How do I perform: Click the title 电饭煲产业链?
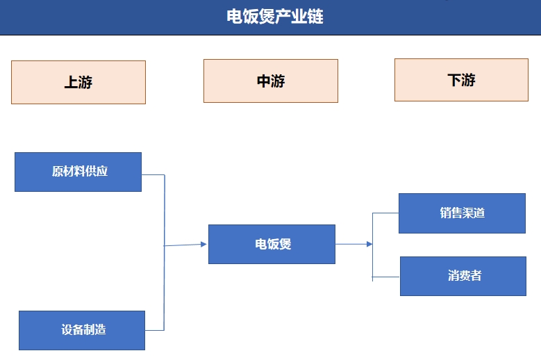coord(274,16)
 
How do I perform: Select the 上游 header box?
coord(78,82)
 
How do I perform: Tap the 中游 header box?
coord(270,81)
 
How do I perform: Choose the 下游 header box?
coord(461,79)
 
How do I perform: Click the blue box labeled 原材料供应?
coord(78,172)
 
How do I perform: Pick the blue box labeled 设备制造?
coord(82,330)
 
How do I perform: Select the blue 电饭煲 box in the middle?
coord(272,244)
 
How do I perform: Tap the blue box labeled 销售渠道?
coord(462,213)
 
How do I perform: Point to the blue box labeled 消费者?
coord(463,276)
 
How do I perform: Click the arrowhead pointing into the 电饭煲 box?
coord(203,244)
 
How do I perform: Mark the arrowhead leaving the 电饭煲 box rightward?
coord(369,244)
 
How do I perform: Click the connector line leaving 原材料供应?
coord(153,174)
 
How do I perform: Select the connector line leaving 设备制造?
coord(154,330)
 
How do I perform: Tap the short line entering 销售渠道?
coord(385,213)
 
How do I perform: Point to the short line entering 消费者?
coord(386,277)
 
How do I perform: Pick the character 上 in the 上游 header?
coord(71,82)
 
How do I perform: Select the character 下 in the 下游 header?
coord(454,79)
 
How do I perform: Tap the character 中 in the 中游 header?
coord(263,81)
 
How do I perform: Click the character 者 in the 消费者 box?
coord(476,276)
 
